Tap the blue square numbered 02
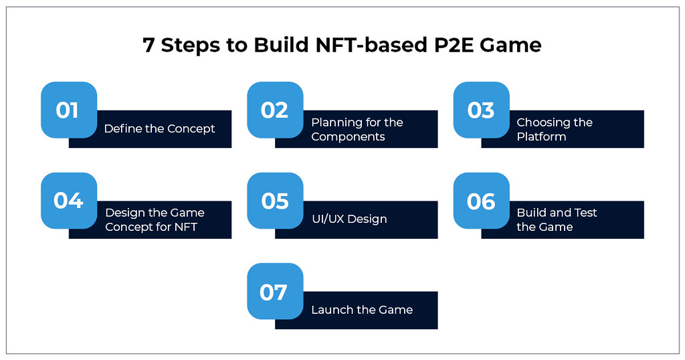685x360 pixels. [x=275, y=110]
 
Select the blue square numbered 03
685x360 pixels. [x=481, y=110]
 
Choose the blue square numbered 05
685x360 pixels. [x=275, y=200]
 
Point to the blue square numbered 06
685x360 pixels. [x=481, y=200]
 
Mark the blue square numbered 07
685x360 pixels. [x=275, y=291]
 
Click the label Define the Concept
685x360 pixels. [x=159, y=128]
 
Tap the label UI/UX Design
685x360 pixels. [x=349, y=219]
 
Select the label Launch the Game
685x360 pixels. [x=361, y=310]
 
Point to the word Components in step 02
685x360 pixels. [x=348, y=137]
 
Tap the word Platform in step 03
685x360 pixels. [x=541, y=137]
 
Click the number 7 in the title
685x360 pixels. [x=149, y=46]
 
